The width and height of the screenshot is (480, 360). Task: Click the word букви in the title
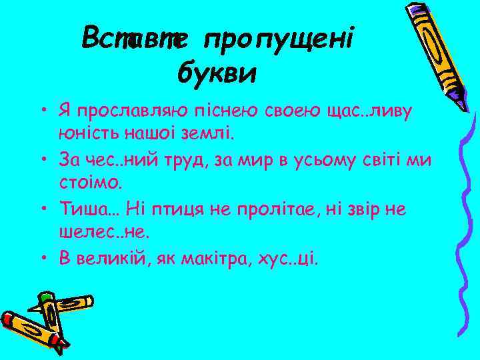(217, 72)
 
